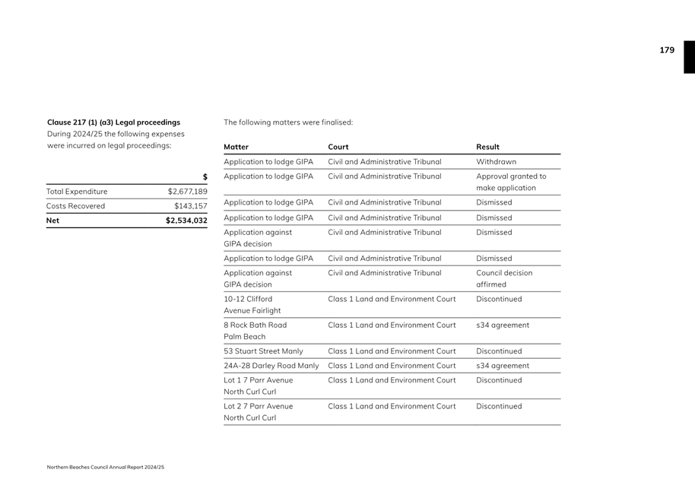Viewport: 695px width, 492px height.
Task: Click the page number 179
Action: point(666,50)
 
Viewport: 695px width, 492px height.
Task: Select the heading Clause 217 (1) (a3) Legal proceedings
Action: point(113,122)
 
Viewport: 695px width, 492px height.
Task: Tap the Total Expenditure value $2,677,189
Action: point(187,192)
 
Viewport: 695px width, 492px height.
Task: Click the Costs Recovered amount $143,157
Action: point(190,206)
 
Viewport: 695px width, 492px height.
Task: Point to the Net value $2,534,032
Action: point(186,221)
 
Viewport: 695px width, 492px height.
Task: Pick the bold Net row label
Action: point(52,221)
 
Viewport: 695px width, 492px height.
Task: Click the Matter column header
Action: point(236,147)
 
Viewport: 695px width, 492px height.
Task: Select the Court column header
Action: point(338,147)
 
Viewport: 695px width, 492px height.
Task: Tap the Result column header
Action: point(487,147)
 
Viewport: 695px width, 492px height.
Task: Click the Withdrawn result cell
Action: point(496,162)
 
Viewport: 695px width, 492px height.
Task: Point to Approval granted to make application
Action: point(511,183)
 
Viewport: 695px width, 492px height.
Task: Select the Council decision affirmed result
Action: point(504,278)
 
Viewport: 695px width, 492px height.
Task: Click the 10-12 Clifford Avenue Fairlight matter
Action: point(252,305)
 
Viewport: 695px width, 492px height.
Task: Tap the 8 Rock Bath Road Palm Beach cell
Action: point(255,331)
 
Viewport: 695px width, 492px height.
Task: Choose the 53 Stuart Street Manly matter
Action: point(263,351)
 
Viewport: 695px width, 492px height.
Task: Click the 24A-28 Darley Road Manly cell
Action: point(271,366)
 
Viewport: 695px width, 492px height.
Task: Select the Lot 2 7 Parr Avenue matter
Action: point(258,412)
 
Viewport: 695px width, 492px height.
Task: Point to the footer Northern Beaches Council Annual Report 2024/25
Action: point(105,467)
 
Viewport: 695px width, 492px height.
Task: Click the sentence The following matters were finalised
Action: point(288,122)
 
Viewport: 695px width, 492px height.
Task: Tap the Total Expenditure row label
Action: point(77,192)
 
